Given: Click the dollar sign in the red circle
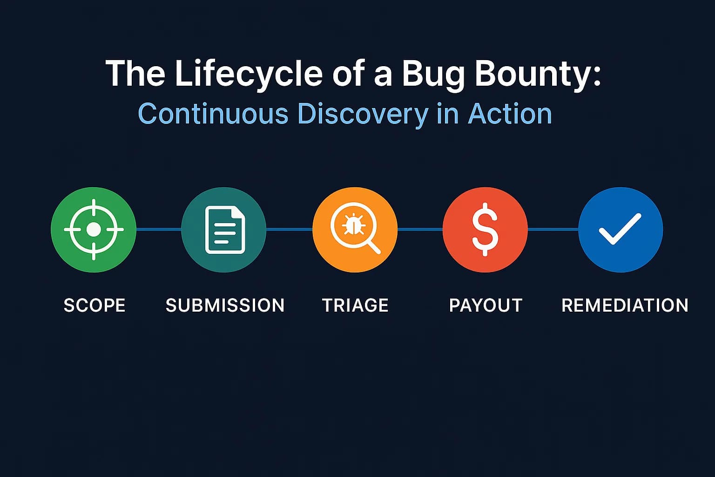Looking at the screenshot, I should (x=485, y=229).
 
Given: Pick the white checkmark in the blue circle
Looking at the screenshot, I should (x=620, y=229).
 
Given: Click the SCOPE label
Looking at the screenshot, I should (x=94, y=306).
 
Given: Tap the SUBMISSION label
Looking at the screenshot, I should (x=225, y=306).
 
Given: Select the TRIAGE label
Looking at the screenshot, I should (x=355, y=306).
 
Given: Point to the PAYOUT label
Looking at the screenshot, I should (x=486, y=306).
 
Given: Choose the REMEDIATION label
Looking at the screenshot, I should (x=625, y=306).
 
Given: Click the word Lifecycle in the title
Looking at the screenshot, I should (x=249, y=74).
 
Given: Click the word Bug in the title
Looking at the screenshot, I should (x=433, y=74).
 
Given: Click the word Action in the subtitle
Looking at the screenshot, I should (x=510, y=114).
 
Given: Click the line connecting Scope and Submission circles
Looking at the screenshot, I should (x=158, y=229).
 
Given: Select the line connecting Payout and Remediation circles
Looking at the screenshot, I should (x=553, y=229).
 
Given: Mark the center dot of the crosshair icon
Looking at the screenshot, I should (x=94, y=229).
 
